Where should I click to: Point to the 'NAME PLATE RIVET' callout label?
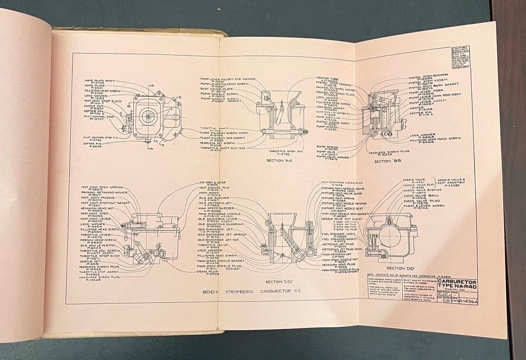pos(100,81)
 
